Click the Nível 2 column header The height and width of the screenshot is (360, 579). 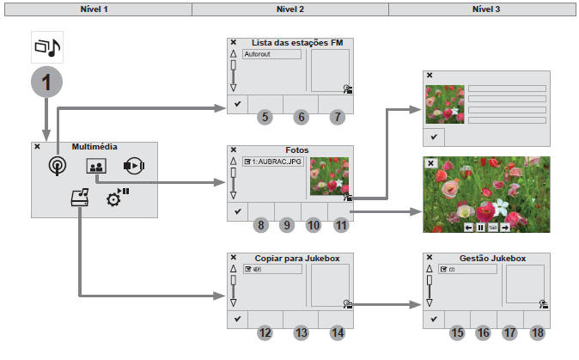(289, 8)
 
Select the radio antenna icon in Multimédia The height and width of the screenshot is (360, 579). (58, 167)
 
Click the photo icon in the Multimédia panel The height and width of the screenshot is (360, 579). (95, 167)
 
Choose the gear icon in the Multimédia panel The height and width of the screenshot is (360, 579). (116, 198)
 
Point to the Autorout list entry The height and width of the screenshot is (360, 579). (271, 54)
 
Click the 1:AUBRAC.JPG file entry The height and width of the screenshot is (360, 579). (271, 161)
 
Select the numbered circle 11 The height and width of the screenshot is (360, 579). (341, 225)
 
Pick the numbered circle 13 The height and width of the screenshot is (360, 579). (300, 332)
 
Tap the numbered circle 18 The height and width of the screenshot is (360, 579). (538, 332)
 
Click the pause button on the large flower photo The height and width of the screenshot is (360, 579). (481, 227)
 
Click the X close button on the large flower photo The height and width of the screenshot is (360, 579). (431, 162)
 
